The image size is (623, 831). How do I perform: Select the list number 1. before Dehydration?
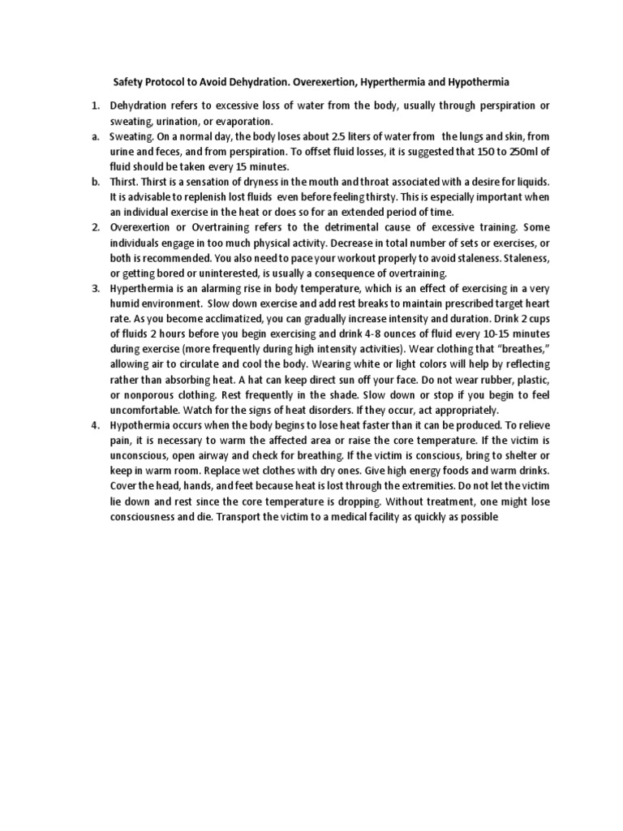point(94,105)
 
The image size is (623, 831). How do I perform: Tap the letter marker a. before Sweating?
point(94,137)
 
